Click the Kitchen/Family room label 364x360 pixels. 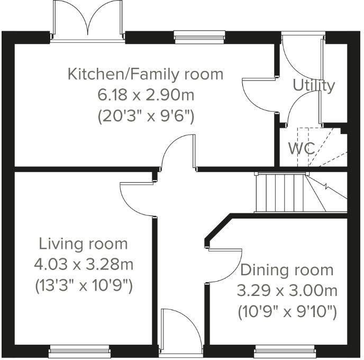(145, 74)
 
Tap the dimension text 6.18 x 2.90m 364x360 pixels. (146, 95)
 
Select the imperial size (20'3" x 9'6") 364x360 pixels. (146, 116)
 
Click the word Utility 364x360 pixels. (314, 85)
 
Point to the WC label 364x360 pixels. (301, 148)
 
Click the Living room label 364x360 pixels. (83, 244)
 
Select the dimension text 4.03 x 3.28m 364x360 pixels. (84, 264)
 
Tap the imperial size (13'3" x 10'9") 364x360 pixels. (84, 285)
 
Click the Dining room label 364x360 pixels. (287, 270)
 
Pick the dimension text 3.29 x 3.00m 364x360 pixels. (287, 291)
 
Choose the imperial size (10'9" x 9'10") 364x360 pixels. (287, 312)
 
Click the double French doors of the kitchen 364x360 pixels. (88, 21)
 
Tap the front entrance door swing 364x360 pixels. (179, 331)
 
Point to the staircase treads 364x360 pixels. (280, 193)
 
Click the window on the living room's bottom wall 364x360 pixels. (80, 349)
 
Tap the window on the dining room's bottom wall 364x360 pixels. (285, 349)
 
